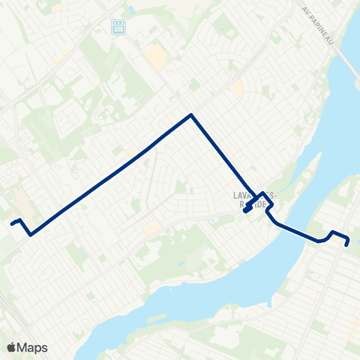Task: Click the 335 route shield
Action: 117,26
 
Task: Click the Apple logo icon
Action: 11,347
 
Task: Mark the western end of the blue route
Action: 12,223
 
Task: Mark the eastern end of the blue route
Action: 347,244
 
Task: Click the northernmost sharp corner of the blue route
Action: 192,115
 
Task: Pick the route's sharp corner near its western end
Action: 30,235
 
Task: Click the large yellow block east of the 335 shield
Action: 157,55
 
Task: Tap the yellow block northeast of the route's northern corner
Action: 238,88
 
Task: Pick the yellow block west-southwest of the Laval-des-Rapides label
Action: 154,227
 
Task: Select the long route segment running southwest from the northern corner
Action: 112,173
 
